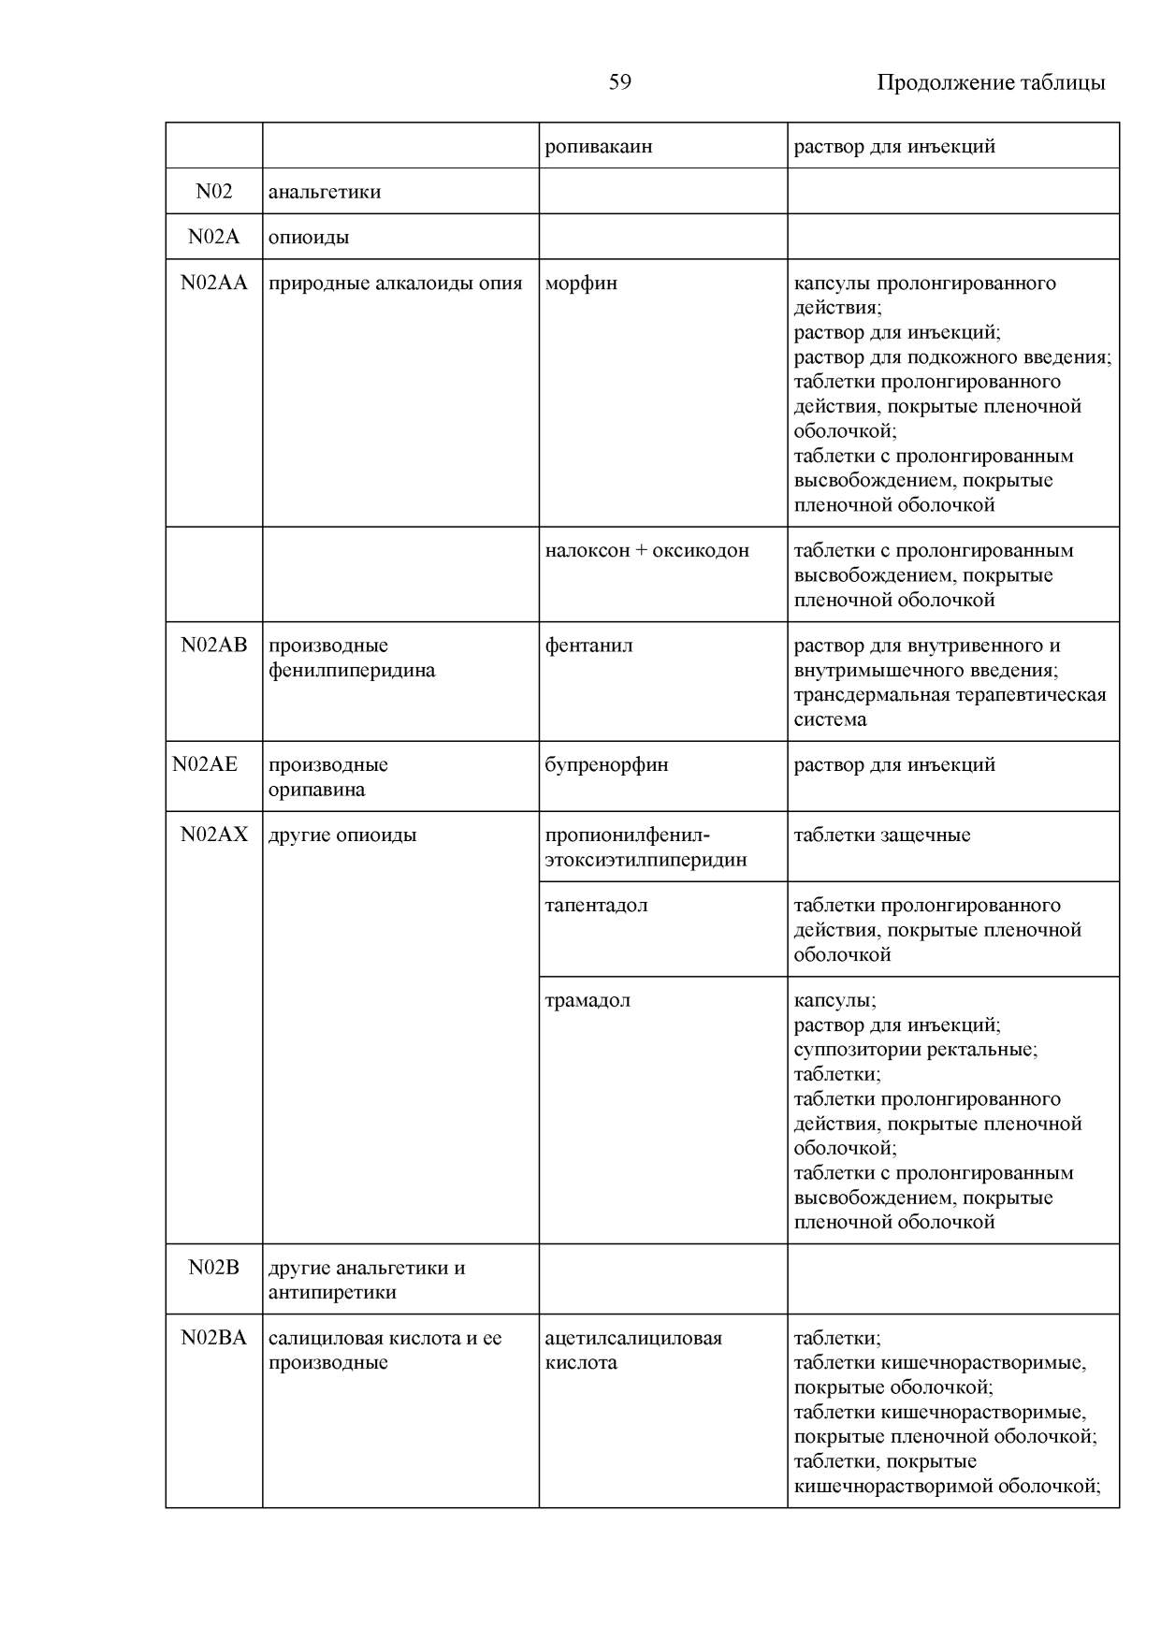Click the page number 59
(x=619, y=82)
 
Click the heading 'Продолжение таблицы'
(x=991, y=82)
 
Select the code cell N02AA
(x=214, y=283)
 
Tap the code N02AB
(x=214, y=646)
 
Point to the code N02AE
(x=205, y=764)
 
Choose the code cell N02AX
(x=214, y=835)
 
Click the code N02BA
(x=214, y=1338)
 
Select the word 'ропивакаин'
(x=599, y=146)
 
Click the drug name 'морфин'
(x=581, y=283)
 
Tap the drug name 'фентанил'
(x=588, y=646)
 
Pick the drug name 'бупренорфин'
(x=606, y=764)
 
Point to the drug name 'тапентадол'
(x=596, y=905)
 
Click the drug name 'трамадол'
(x=588, y=1000)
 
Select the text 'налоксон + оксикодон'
(x=646, y=550)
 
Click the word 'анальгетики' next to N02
(x=325, y=192)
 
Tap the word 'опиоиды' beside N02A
(x=309, y=237)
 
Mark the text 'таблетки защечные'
(x=882, y=835)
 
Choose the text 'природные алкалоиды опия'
(x=395, y=283)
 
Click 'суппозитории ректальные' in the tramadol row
(x=915, y=1050)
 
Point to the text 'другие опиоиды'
(x=342, y=835)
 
